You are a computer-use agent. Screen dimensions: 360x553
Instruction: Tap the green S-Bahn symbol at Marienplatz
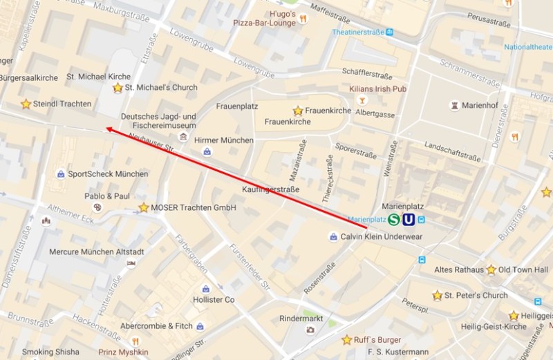coord(394,220)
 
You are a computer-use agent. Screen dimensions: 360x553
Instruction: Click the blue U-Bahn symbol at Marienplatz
coord(409,220)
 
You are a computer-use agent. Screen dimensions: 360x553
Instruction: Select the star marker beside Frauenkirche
coord(298,111)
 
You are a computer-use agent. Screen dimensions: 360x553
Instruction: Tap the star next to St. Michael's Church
coord(118,88)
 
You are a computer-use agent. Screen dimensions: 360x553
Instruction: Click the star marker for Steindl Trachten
coord(26,104)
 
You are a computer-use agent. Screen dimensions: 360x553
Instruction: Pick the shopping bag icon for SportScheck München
coord(61,174)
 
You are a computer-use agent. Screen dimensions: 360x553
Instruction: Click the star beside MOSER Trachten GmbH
coord(143,207)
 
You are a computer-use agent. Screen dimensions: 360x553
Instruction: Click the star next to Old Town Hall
coord(491,269)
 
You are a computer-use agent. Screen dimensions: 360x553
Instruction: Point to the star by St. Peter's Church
coord(437,296)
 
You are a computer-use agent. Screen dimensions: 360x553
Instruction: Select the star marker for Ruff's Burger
coord(346,340)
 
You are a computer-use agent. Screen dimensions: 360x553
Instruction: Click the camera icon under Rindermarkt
coord(310,329)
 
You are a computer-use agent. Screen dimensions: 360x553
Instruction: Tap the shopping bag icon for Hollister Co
coord(205,289)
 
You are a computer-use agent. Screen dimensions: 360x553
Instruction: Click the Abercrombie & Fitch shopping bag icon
coord(200,326)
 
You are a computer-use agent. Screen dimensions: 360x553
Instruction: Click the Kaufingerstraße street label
coord(271,189)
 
